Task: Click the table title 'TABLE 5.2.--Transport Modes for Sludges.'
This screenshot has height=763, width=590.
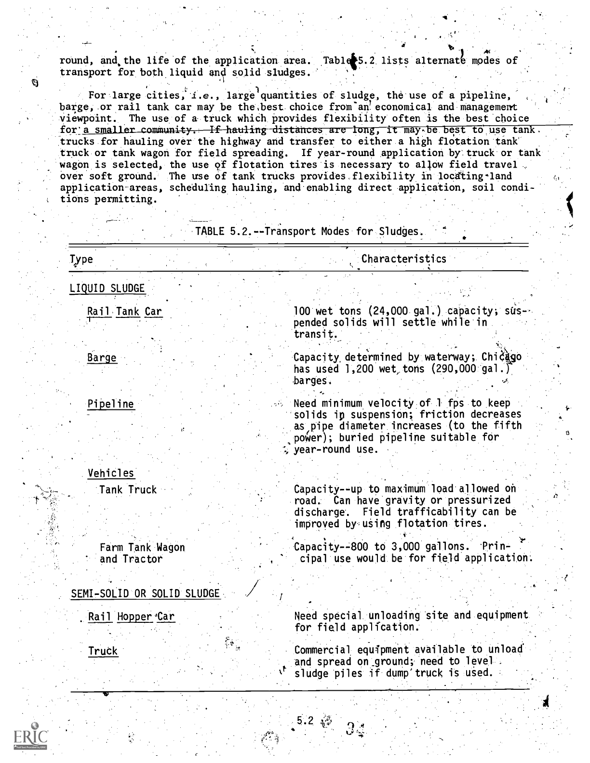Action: [308, 231]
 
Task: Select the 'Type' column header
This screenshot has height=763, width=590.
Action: [81, 259]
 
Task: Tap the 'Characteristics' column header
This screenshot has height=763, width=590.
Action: [403, 259]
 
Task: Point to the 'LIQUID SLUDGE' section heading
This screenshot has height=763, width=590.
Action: [107, 289]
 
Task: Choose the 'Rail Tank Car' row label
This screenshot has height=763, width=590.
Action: [124, 312]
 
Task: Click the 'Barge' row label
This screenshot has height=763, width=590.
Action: [102, 358]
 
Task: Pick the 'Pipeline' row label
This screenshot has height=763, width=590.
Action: [110, 404]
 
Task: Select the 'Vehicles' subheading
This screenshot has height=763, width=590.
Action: [111, 474]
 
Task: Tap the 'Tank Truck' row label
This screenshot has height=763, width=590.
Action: [128, 490]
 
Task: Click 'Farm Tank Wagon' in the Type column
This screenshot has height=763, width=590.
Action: [142, 547]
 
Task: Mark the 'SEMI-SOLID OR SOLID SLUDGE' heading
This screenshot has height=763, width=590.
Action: [145, 593]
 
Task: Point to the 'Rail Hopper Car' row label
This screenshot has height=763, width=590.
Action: [131, 617]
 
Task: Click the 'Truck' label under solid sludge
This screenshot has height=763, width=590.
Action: [103, 651]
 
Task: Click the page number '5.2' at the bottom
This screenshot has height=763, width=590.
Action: [305, 721]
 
